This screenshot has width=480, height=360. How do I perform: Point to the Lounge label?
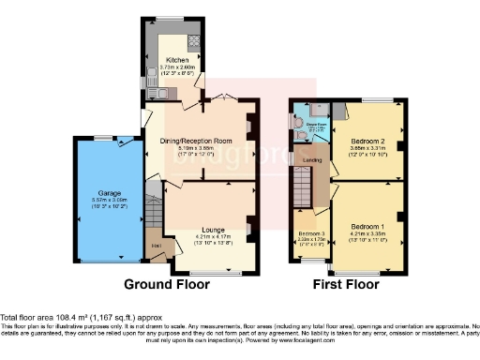pos(210,228)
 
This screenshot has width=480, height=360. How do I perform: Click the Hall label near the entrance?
pos(155,248)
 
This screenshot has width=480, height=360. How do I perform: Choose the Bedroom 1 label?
pos(367,228)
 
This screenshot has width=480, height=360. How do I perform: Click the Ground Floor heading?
pos(175,283)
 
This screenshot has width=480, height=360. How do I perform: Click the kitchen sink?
pos(160,92)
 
